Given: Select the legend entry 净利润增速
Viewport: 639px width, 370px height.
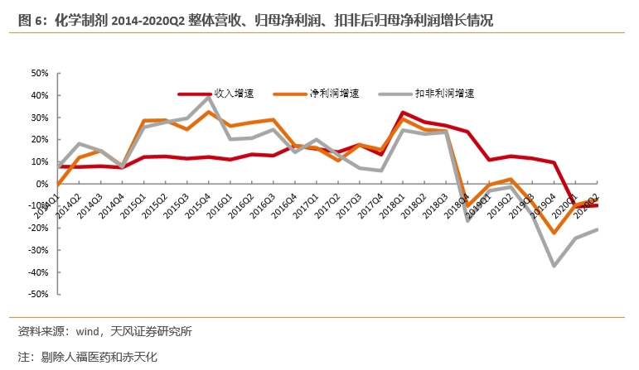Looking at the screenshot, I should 322,94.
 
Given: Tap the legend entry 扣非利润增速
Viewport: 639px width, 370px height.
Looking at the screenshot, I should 432,94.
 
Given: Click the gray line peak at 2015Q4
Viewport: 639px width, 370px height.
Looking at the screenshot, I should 209,97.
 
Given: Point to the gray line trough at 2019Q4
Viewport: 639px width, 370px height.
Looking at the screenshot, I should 554,265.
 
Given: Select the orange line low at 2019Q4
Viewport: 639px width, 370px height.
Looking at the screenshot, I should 554,233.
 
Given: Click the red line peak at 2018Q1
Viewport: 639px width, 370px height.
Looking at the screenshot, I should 403,113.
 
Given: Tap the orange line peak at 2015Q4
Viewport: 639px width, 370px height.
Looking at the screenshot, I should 209,112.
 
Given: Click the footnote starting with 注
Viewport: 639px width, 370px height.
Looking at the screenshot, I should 87,357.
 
